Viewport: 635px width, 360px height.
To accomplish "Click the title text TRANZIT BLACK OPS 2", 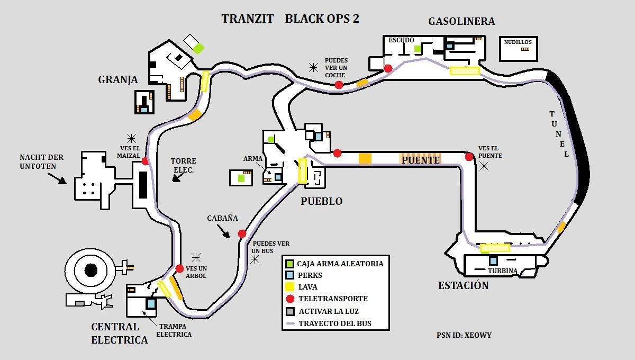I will [x=290, y=19].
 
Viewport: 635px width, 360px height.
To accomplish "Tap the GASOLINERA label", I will [x=461, y=21].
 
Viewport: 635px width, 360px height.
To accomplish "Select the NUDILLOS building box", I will [x=519, y=48].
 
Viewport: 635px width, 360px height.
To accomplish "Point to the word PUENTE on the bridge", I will [x=421, y=159].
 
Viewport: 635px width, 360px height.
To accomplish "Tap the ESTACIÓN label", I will [x=463, y=285].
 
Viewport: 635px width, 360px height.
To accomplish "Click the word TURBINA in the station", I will [x=502, y=271].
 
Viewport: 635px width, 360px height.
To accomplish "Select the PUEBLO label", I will [x=321, y=201].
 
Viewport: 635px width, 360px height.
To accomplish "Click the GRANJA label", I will [x=117, y=79].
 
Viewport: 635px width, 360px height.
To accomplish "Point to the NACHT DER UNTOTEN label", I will [x=41, y=161].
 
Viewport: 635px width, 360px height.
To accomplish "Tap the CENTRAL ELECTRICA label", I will [x=119, y=333].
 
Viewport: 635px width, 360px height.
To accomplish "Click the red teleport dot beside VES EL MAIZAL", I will [x=145, y=161].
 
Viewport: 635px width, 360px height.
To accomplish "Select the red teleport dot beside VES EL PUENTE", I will [x=469, y=157].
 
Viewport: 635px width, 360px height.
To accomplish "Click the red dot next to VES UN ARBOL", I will [x=179, y=269].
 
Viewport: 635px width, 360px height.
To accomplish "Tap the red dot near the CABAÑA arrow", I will [x=242, y=233].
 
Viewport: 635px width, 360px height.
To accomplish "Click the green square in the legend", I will [x=289, y=263].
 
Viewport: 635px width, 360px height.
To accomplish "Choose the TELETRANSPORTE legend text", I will [x=333, y=299].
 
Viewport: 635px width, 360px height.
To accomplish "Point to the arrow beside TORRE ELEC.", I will [x=176, y=178].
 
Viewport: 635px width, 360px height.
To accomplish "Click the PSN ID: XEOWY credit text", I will [x=464, y=335].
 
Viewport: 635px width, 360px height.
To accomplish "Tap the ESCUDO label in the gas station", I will [x=401, y=40].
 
